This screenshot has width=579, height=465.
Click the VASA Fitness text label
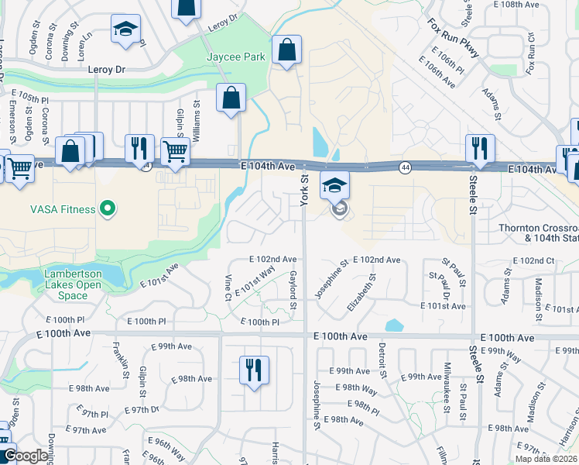63,209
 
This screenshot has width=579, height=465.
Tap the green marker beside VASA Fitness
108,208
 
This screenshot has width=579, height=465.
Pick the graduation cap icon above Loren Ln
125,29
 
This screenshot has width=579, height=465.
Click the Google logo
26,456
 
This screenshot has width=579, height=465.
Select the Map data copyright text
546,459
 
